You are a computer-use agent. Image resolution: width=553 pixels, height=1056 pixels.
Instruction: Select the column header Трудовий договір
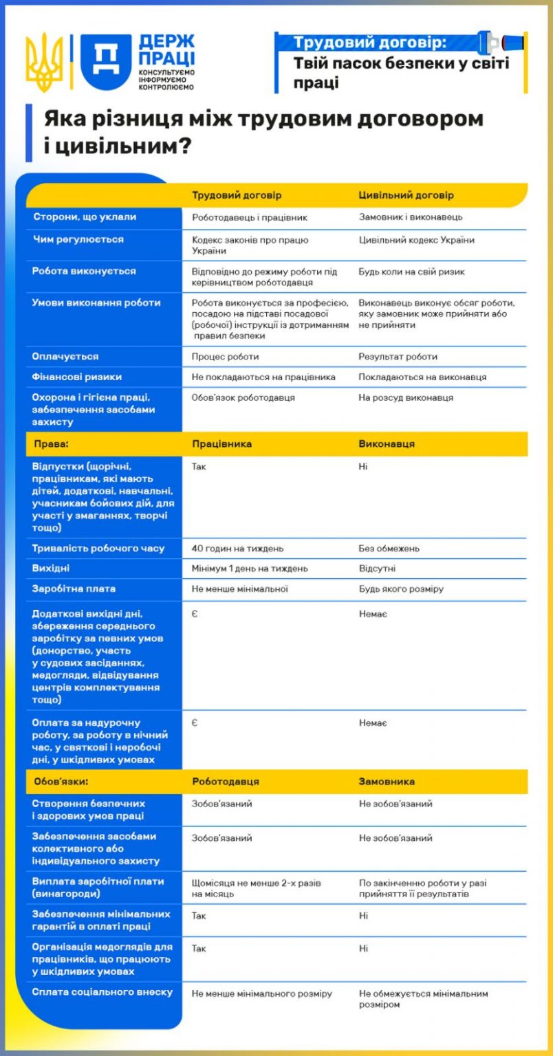(237, 195)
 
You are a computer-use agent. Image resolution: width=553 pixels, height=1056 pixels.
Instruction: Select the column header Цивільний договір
(406, 195)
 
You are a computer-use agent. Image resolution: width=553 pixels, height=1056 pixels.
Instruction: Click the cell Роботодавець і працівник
(249, 217)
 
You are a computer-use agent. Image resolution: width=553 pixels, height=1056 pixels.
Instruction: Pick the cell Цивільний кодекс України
(416, 240)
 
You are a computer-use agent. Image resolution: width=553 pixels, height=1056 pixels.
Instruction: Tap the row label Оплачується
(65, 356)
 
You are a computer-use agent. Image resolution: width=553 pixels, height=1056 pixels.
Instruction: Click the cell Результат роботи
(398, 357)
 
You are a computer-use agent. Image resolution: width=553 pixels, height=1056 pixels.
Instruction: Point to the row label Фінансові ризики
(77, 377)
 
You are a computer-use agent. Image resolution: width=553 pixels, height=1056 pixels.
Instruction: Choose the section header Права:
(52, 444)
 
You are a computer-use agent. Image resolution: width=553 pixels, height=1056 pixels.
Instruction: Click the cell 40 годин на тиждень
(237, 549)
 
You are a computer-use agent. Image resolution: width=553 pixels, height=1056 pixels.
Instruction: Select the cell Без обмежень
(389, 549)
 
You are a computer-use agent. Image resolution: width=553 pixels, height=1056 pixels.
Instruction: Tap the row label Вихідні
(51, 569)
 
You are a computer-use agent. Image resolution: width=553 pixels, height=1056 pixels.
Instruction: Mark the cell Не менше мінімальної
(239, 589)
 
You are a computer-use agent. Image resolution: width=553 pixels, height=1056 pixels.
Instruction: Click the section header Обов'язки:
(61, 782)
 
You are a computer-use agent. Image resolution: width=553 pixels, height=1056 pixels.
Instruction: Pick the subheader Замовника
(387, 782)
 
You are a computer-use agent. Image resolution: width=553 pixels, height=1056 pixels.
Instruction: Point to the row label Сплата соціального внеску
(102, 992)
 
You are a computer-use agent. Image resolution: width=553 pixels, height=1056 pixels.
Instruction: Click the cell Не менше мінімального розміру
(261, 993)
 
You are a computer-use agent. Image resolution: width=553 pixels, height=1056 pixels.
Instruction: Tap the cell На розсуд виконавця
(406, 397)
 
